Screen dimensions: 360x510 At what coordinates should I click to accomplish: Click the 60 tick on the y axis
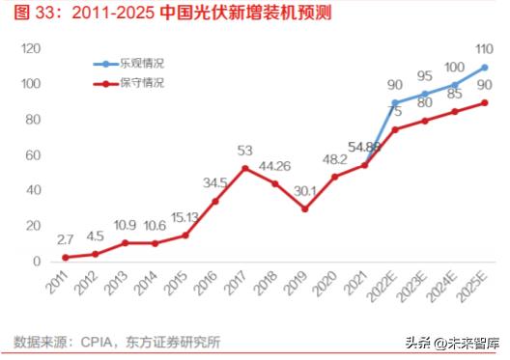click(32, 155)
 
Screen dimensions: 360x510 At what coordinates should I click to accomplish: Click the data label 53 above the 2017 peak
click(245, 151)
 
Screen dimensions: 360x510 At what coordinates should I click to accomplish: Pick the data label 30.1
click(304, 190)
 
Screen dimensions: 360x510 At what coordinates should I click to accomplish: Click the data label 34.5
click(215, 182)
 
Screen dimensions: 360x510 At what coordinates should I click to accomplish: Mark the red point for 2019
click(305, 208)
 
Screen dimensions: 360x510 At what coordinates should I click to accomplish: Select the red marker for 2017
click(245, 168)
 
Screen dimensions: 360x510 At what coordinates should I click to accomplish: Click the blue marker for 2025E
click(484, 68)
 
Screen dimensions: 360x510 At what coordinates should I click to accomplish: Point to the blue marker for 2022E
click(394, 102)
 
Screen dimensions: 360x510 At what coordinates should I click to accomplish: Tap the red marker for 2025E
click(484, 103)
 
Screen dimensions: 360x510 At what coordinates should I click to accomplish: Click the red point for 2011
click(66, 257)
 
